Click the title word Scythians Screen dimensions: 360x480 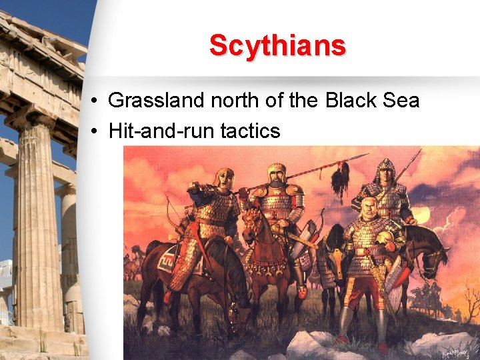[277, 46]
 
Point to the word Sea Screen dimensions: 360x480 [401, 101]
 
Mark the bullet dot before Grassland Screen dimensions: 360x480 [96, 101]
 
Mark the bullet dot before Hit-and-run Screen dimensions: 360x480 [96, 131]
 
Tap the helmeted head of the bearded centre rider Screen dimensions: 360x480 [276, 175]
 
